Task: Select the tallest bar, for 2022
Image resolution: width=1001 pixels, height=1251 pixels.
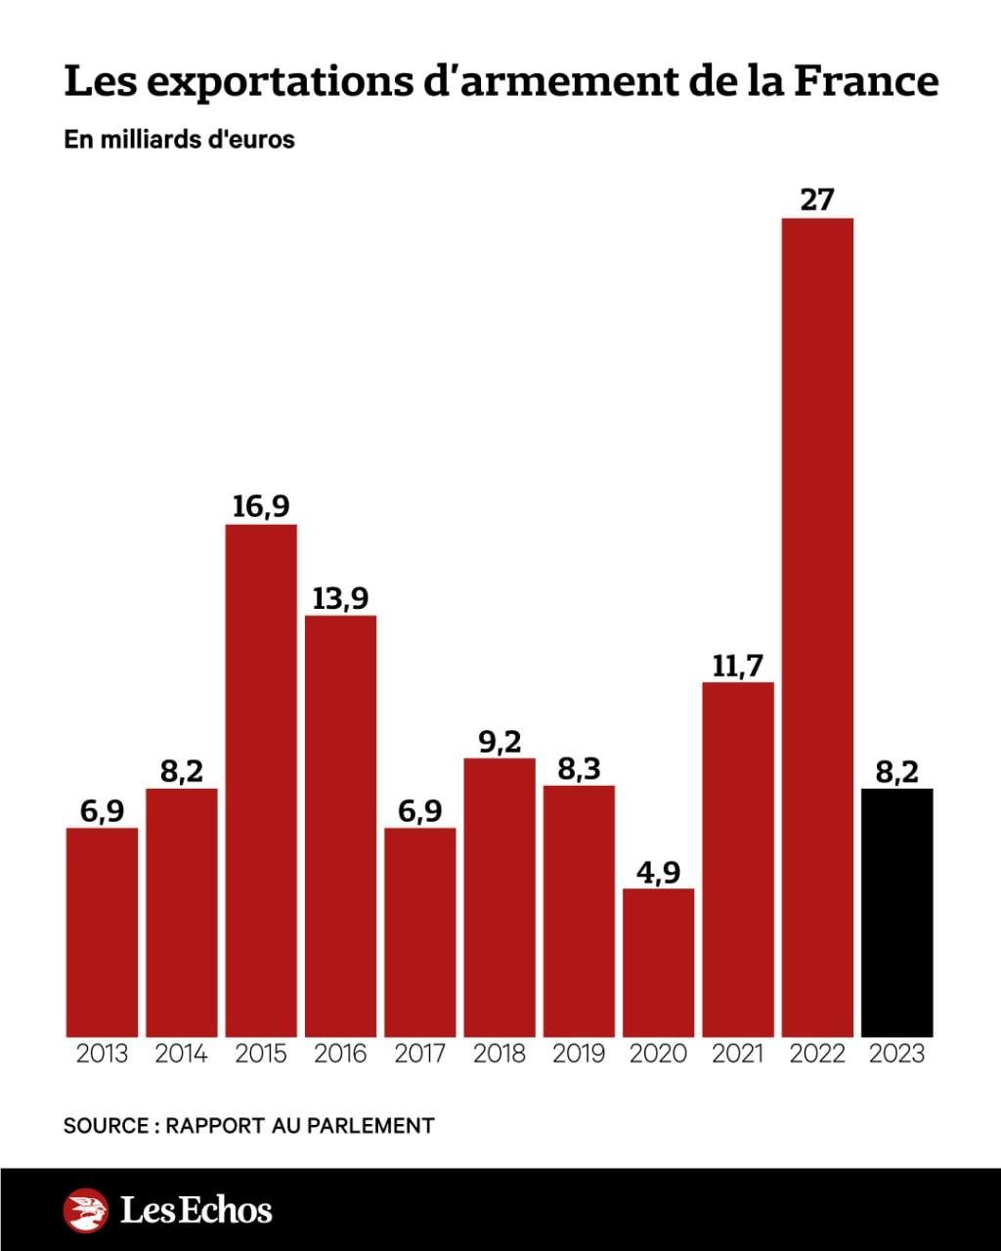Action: point(817,626)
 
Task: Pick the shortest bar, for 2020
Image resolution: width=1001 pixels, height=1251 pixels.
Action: point(659,962)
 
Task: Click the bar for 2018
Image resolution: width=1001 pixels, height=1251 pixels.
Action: point(500,896)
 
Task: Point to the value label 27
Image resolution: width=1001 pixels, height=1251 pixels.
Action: point(817,199)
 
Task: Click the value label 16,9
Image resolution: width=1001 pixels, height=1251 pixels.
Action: point(261,506)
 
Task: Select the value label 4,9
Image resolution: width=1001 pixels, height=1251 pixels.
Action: point(659,871)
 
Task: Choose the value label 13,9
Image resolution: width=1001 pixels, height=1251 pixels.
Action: point(340,598)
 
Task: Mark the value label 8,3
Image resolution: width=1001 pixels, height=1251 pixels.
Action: point(579,768)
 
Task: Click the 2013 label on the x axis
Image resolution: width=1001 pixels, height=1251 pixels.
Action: point(102,1054)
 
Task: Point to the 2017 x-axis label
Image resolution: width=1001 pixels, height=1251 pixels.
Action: point(420,1054)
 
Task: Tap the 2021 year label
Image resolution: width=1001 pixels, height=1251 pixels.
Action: point(738,1054)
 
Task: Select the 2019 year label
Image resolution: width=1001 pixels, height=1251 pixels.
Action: point(579,1054)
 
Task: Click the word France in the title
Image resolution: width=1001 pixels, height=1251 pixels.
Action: point(865,82)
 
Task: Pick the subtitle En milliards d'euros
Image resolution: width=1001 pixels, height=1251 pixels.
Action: point(179,139)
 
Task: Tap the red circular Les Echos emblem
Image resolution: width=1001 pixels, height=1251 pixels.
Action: point(86,1210)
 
